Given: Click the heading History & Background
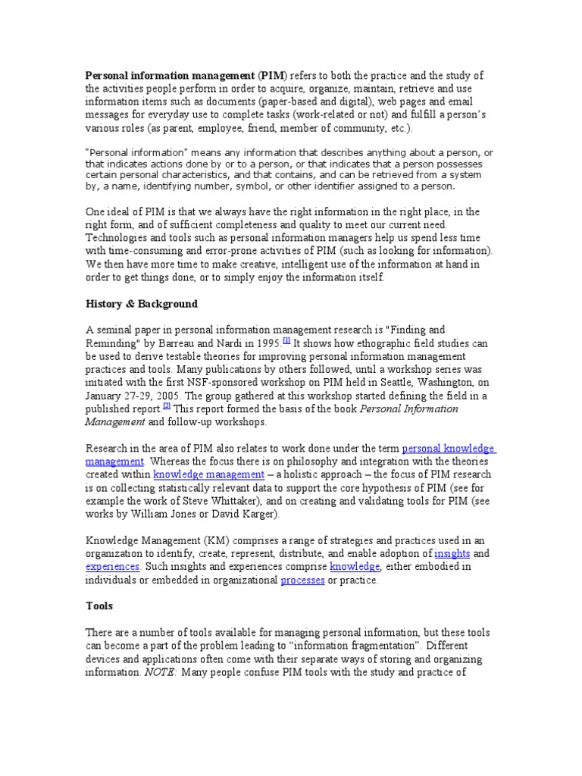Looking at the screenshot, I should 141,304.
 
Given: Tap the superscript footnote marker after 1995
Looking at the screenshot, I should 286,340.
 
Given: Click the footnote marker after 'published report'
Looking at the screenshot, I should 167,405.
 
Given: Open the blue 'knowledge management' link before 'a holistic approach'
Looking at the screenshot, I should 198,475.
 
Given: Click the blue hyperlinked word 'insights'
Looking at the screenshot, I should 452,553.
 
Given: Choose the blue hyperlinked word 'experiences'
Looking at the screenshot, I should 112,567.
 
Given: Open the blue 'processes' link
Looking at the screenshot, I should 302,580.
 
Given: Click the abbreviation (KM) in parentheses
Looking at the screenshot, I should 193,540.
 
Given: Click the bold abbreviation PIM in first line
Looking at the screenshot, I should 271,76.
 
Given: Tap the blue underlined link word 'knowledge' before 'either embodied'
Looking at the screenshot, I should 355,567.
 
